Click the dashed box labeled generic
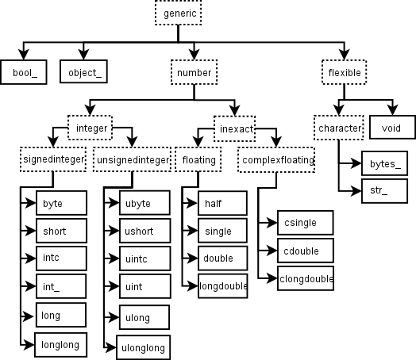pos(176,13)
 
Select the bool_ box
pos(25,72)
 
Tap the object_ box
pos(83,72)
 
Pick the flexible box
pos(345,72)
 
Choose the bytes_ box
pos(385,163)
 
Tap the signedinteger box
pos(52,159)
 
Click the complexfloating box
pos(275,159)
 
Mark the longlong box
pos(60,343)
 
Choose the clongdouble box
pos(306,278)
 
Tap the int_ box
pos(60,286)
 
